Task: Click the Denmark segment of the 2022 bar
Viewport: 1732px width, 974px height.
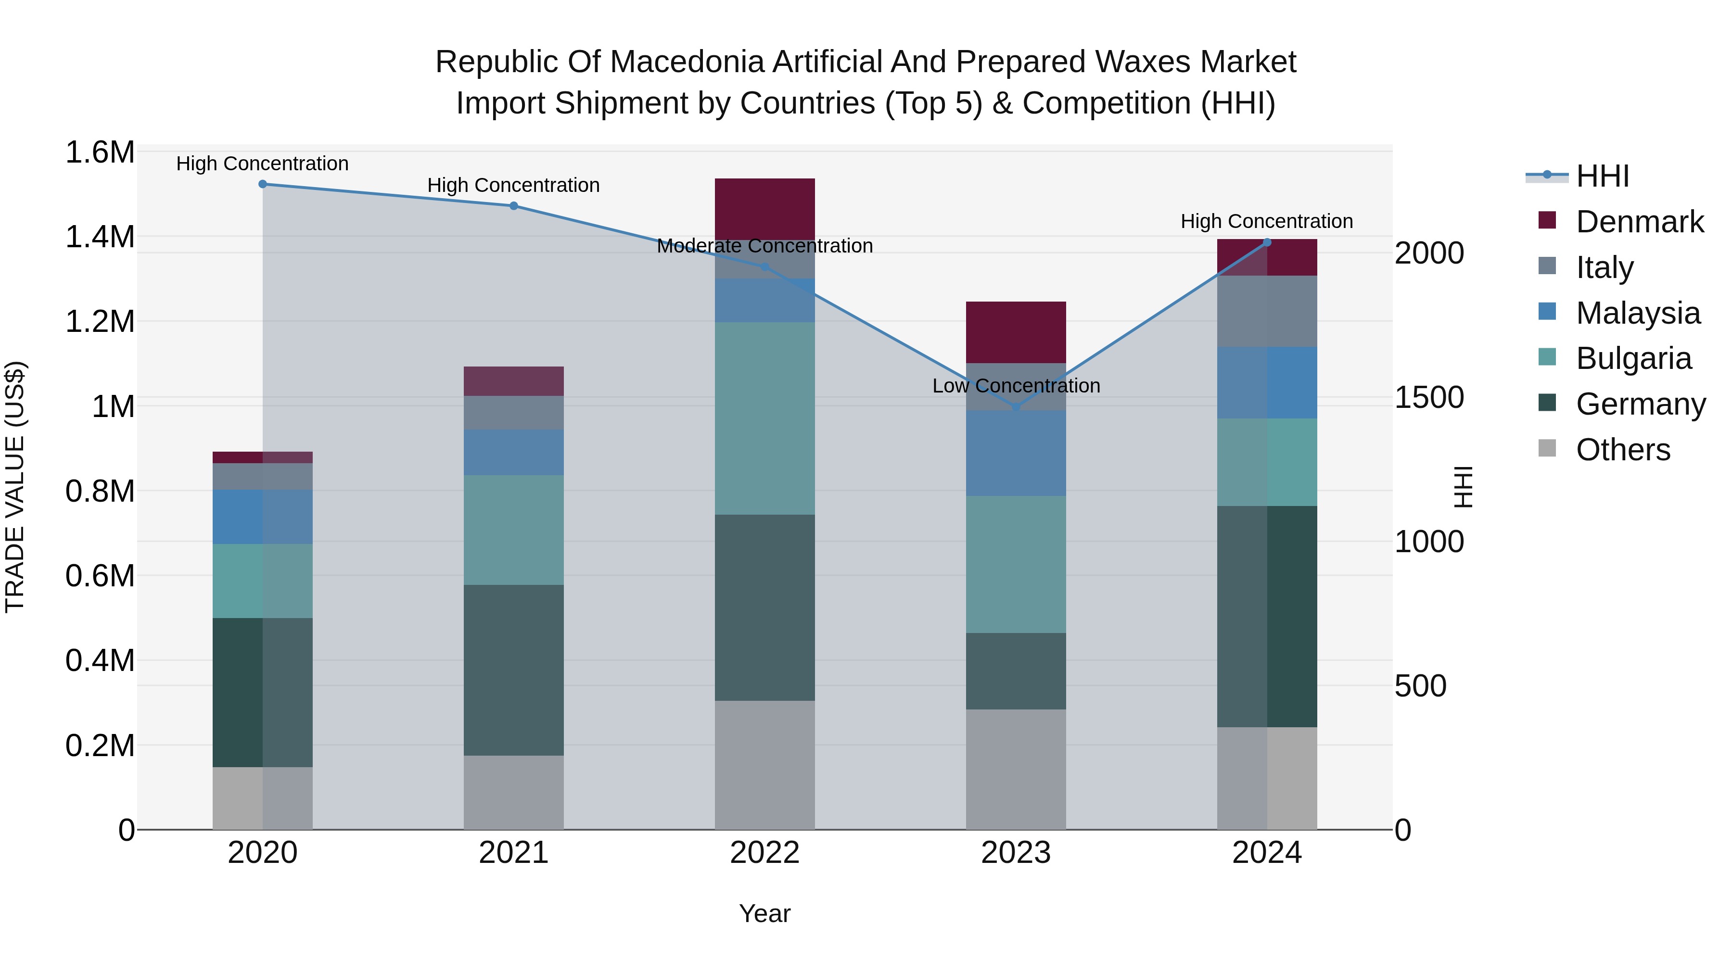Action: pos(764,208)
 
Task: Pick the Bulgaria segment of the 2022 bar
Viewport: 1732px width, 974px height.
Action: pos(764,418)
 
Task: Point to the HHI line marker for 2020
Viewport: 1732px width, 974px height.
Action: pos(263,184)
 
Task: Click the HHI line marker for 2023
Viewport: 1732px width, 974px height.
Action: pos(1016,407)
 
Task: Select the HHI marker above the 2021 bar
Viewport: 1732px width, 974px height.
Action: pos(514,206)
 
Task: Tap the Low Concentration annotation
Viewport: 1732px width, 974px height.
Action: pos(1016,386)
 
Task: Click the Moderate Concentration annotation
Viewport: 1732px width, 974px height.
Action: pos(764,246)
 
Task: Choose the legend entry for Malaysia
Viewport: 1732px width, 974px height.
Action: pos(1638,313)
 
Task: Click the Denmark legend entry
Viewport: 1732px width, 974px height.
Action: pos(1639,222)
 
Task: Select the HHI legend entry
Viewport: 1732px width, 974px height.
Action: pos(1602,176)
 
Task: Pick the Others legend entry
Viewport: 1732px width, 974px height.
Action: pos(1622,450)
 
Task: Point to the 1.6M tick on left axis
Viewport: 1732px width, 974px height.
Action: pos(100,152)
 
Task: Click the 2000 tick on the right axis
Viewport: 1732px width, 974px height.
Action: pos(1429,253)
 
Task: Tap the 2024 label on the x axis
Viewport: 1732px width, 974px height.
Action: pos(1267,853)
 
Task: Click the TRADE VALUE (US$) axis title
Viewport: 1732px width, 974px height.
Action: pos(15,487)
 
